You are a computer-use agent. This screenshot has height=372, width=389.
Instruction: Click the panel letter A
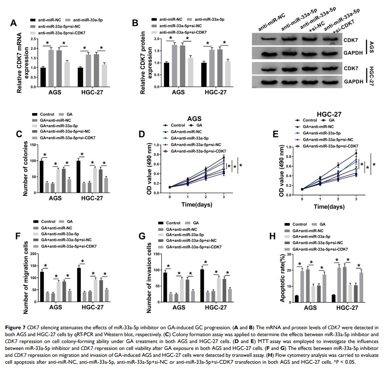15,23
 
